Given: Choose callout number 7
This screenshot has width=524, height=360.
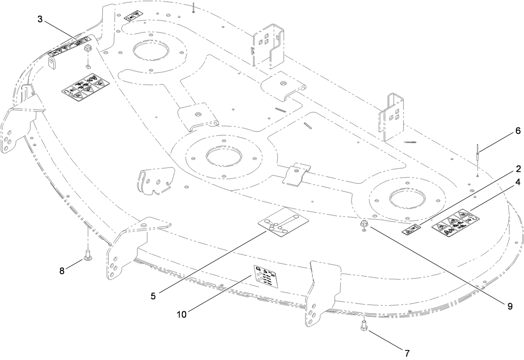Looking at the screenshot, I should (x=407, y=353).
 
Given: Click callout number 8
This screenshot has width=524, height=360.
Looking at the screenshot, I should (x=62, y=270).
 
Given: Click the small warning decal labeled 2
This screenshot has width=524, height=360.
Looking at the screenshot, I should (x=411, y=229).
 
